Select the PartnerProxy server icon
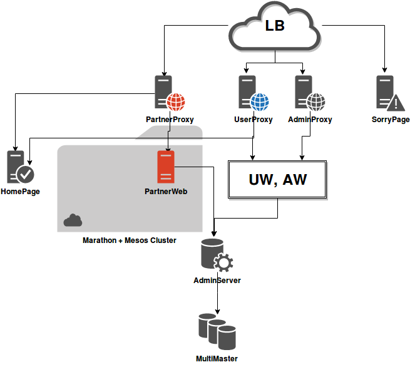[165, 92]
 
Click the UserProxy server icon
[247, 92]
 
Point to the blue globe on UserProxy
[259, 101]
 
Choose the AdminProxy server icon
[304, 92]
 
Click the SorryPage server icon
[385, 92]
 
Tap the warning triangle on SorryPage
[396, 103]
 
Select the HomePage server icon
[16, 167]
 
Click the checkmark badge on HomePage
[26, 173]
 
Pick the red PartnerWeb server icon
[165, 167]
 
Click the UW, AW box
[277, 180]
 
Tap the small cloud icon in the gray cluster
[73, 220]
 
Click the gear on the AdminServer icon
[223, 262]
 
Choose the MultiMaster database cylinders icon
[217, 332]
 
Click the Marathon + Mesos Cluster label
[130, 240]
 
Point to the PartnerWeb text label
[166, 192]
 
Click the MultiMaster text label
[217, 359]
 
